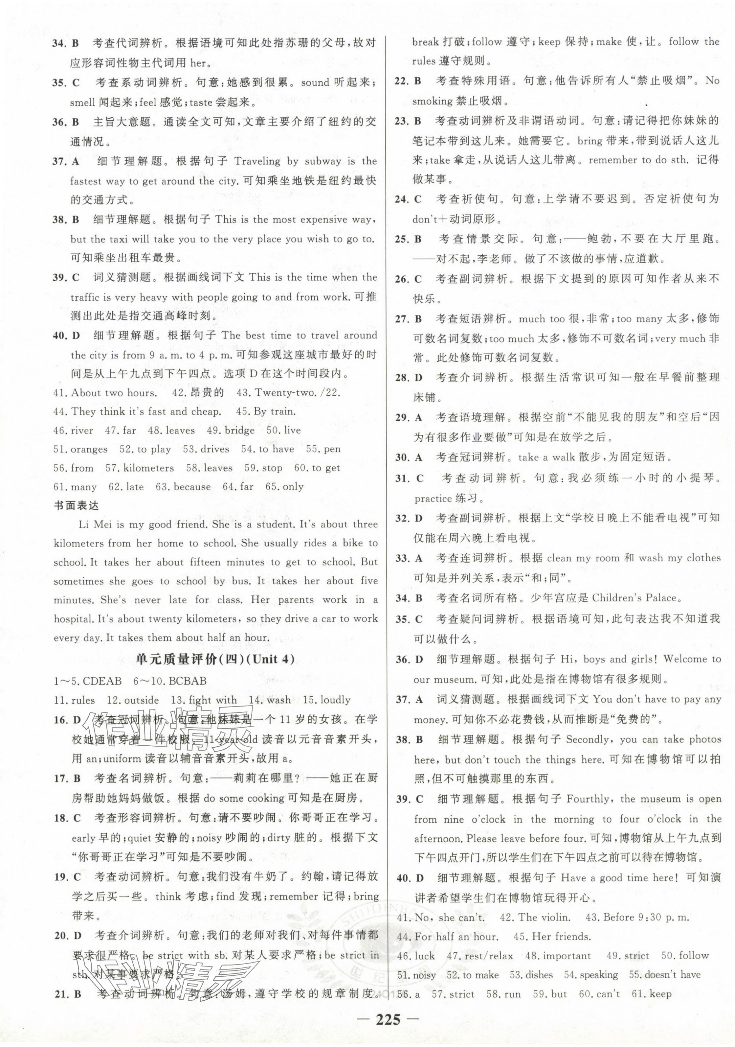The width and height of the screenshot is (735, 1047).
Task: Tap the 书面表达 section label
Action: click(76, 505)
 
